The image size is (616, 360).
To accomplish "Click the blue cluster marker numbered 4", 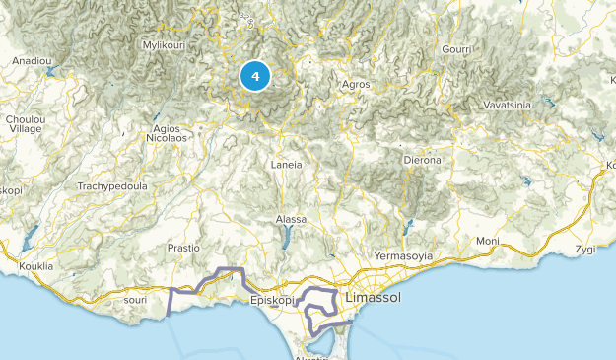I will (x=255, y=75).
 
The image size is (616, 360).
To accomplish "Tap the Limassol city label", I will (x=376, y=297).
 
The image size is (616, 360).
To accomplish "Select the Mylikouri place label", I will (x=165, y=45).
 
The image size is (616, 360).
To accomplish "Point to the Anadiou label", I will (x=31, y=61).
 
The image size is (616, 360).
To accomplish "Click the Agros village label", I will (x=355, y=85).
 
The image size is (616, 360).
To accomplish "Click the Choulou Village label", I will (x=23, y=123).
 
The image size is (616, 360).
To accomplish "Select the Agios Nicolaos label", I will (x=167, y=133).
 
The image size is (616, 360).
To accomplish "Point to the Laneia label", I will (x=287, y=165).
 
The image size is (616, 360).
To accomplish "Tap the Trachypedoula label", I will (x=111, y=186).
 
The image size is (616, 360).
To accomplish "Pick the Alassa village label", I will (x=292, y=219).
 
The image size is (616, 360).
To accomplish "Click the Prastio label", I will (x=184, y=248).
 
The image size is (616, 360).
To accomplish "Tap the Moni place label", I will (x=487, y=242).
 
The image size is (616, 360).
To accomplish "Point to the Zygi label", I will (x=586, y=249).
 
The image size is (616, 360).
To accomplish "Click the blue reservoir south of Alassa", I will (x=287, y=237).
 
